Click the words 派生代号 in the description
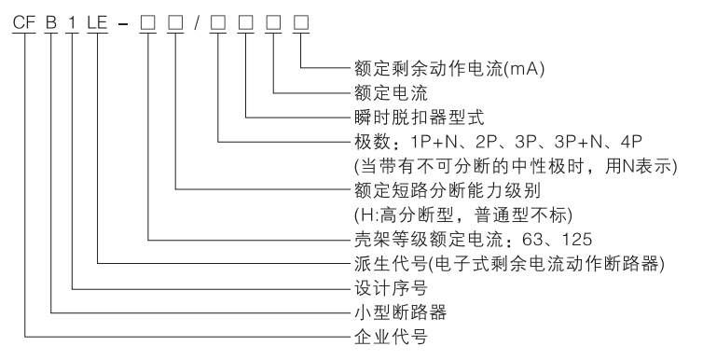click(x=375, y=263)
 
